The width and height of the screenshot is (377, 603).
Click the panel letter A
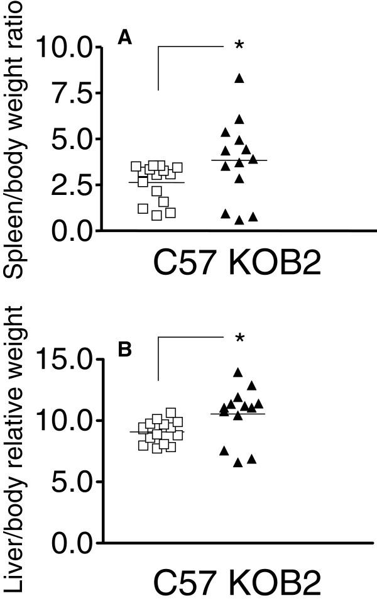pos(125,39)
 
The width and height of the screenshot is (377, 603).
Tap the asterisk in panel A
pos(239,47)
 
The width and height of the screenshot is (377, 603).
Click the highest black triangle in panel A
pos(239,78)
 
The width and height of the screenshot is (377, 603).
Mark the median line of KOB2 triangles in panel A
pos(239,160)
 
